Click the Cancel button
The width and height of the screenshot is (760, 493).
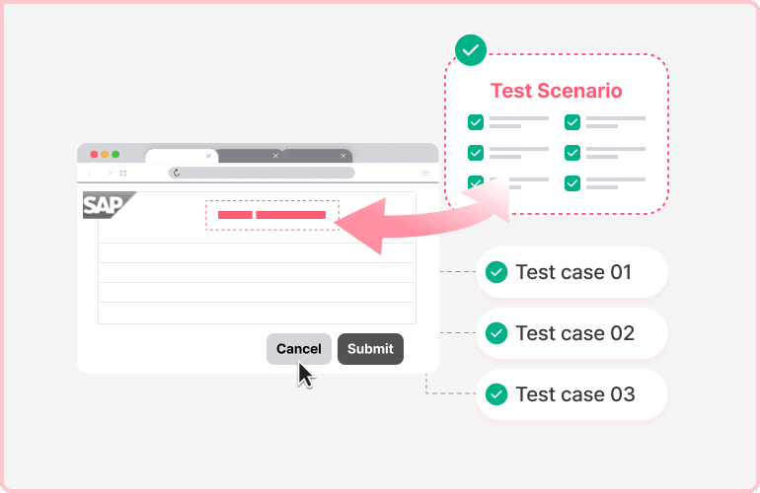click(x=298, y=349)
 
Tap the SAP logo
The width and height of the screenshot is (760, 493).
click(x=106, y=205)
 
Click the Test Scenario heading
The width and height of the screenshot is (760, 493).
click(x=557, y=91)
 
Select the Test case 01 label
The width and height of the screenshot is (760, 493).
click(x=573, y=272)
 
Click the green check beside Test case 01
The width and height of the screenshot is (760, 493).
click(x=497, y=272)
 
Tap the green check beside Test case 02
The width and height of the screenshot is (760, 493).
click(x=497, y=333)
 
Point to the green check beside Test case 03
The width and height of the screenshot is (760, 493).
click(x=497, y=394)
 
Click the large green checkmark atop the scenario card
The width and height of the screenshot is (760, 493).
click(x=470, y=49)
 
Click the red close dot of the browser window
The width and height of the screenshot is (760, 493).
click(x=95, y=155)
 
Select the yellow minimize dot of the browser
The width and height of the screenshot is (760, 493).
click(x=105, y=155)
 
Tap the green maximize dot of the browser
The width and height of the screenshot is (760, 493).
click(x=115, y=155)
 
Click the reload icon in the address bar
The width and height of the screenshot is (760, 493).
click(x=176, y=173)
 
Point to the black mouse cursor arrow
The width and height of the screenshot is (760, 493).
click(x=305, y=375)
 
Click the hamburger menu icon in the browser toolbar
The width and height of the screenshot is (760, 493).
click(x=425, y=173)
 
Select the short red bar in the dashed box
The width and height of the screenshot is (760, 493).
click(x=235, y=215)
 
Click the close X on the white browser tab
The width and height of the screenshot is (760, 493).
click(x=208, y=156)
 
